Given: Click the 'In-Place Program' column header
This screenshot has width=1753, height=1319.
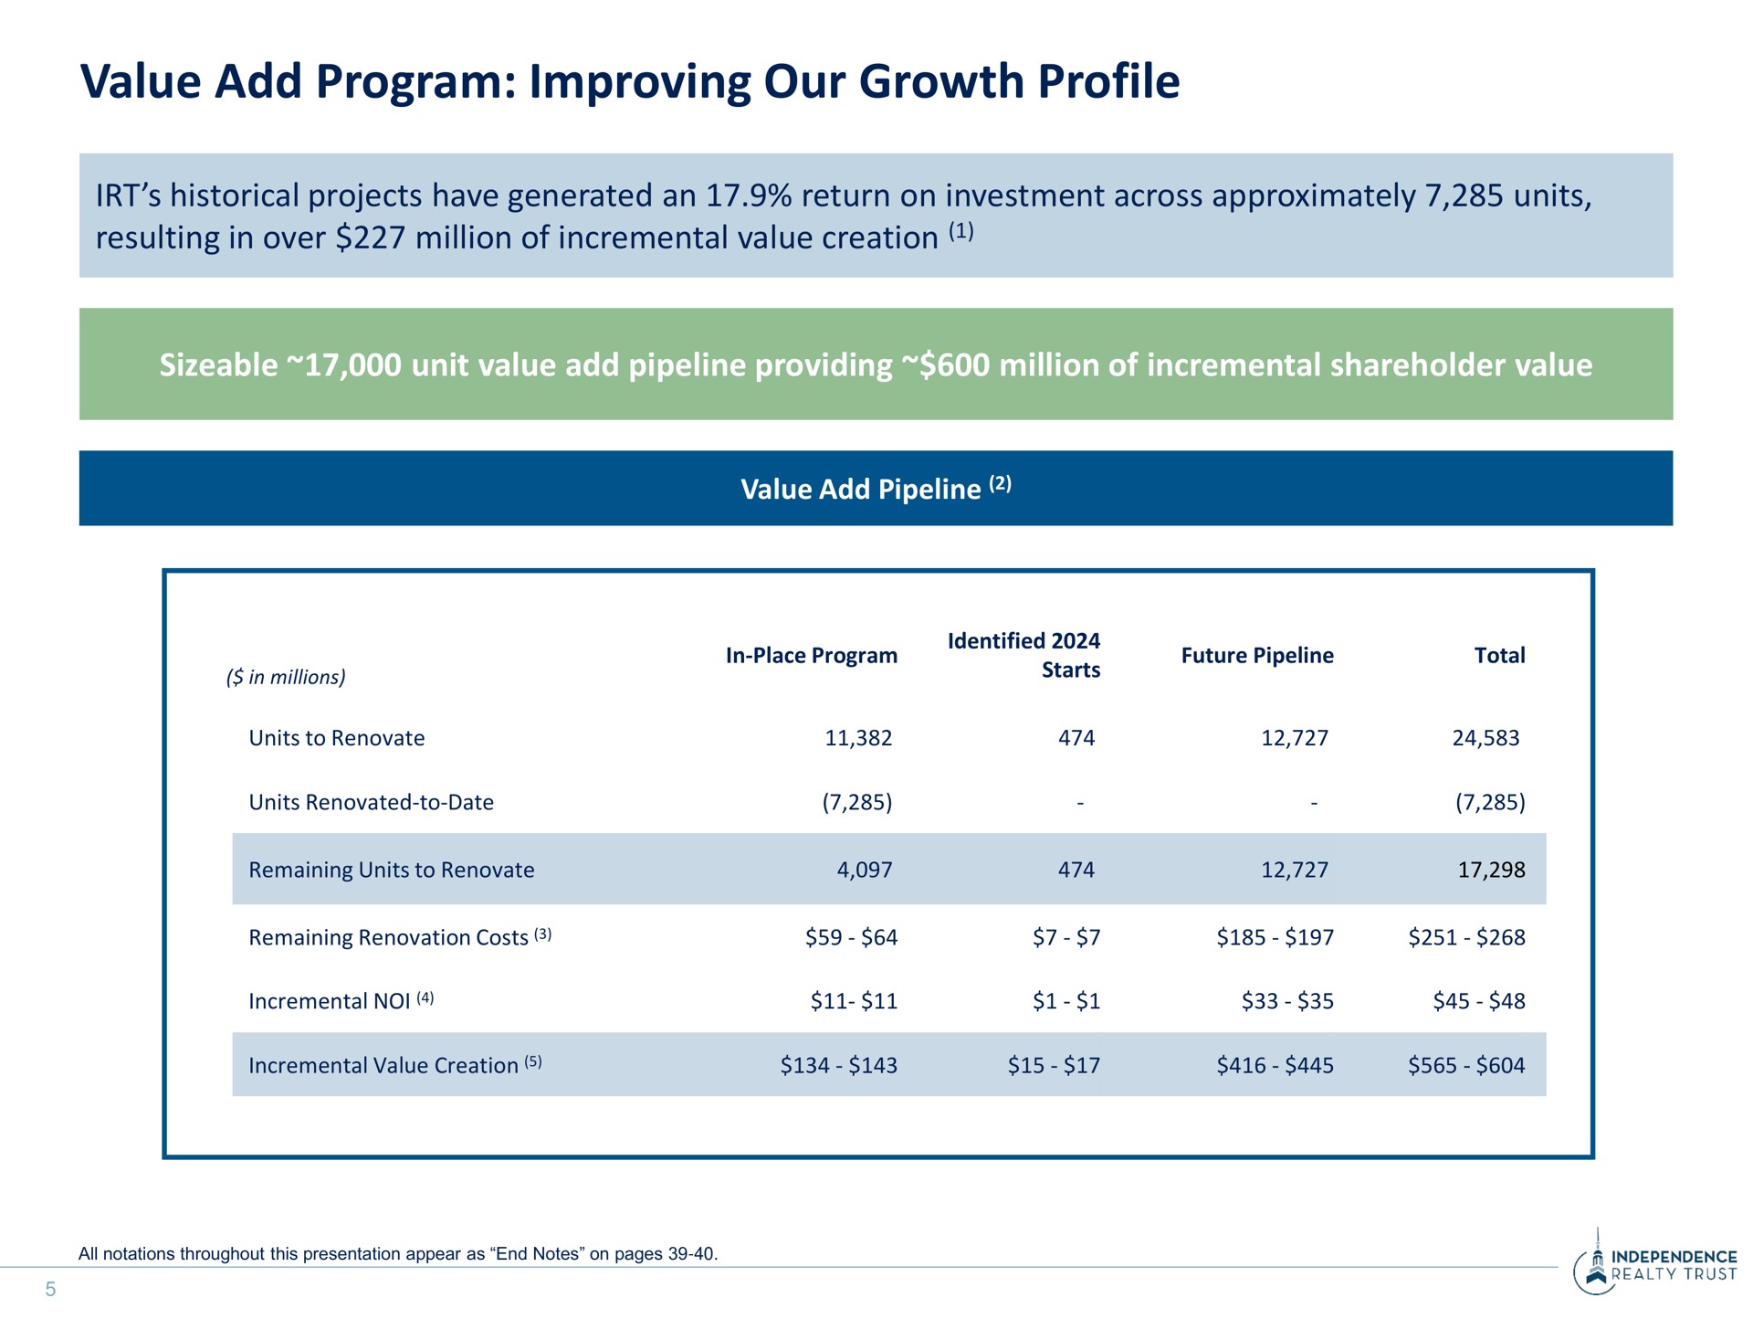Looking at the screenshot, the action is (811, 656).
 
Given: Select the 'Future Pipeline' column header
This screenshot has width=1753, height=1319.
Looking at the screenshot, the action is (1257, 656).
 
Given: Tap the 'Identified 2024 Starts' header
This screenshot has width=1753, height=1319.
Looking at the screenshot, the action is (1023, 655).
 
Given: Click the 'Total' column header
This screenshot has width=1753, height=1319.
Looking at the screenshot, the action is (1500, 656).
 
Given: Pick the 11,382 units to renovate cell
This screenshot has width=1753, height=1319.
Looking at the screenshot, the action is (858, 738).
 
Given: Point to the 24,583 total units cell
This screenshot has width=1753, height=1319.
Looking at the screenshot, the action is (1485, 738).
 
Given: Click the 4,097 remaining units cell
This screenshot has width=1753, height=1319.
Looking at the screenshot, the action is (864, 870).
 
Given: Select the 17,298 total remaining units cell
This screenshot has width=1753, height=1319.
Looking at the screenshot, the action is (1491, 870).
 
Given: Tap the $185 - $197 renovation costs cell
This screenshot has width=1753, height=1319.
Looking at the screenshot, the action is (1275, 937).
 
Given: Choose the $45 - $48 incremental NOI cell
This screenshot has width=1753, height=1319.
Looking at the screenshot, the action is (1479, 1001).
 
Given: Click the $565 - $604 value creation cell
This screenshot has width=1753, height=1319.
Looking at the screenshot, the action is (1466, 1065).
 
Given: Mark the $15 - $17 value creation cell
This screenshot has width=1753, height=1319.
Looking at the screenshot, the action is (1054, 1065).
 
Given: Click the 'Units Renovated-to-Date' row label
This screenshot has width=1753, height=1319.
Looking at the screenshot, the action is (371, 802).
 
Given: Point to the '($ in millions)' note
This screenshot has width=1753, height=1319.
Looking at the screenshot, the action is (286, 677).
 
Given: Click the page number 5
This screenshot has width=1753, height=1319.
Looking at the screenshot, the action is (50, 1289).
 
